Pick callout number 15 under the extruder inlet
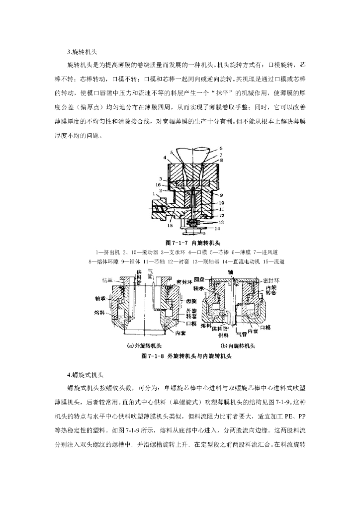coord(171,227)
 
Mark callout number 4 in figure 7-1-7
coord(165,158)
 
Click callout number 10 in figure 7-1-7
coord(221,203)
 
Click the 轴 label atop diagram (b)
coord(230,272)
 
